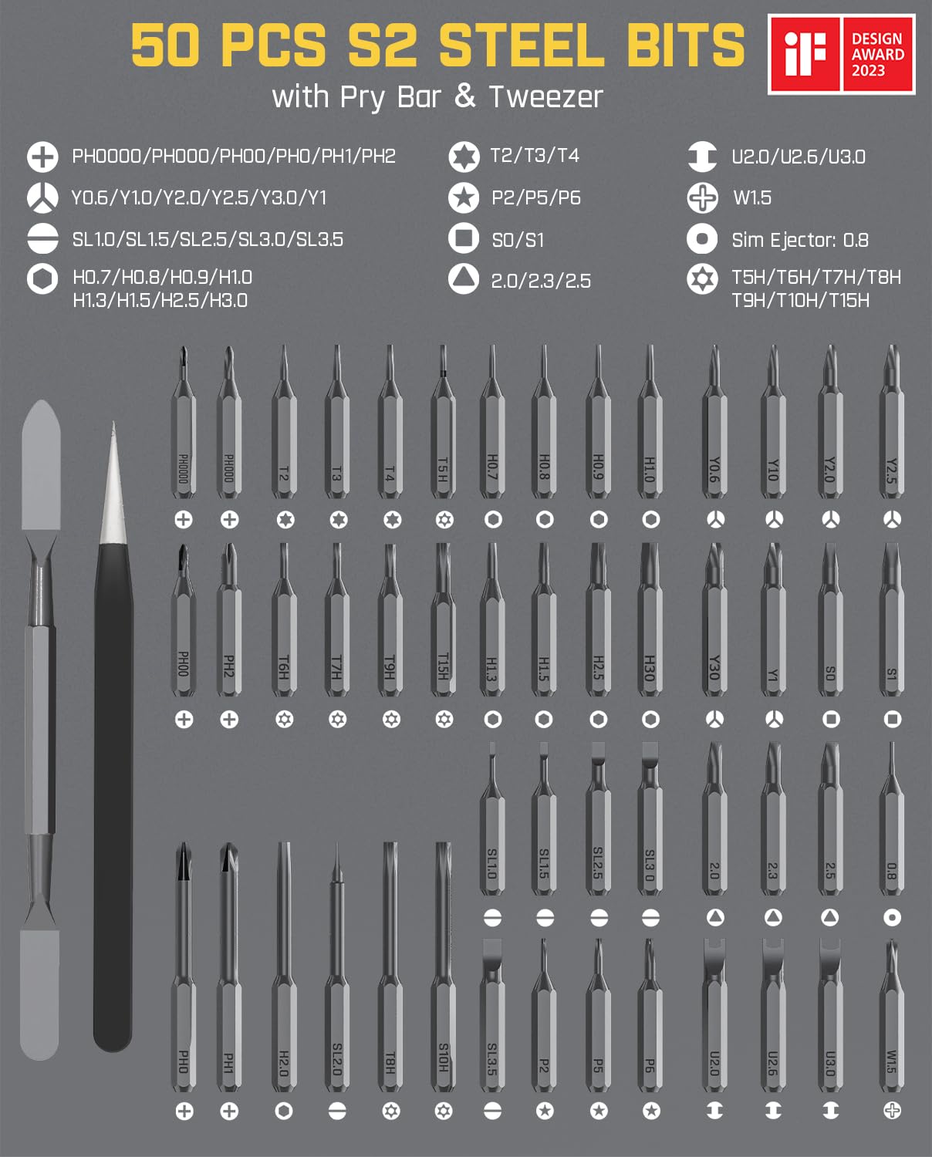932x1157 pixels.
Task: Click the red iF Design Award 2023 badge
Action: (x=841, y=54)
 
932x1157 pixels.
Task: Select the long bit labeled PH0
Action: (x=184, y=980)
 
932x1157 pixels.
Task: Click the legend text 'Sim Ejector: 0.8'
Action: (x=799, y=240)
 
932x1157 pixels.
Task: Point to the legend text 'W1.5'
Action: (x=751, y=198)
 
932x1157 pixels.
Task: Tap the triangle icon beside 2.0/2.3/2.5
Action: (x=464, y=279)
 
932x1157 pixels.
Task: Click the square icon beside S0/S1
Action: (x=464, y=238)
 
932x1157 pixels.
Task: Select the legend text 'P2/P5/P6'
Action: (x=535, y=198)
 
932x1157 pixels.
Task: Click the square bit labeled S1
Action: (x=892, y=632)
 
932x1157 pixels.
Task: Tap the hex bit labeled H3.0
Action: (x=650, y=632)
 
